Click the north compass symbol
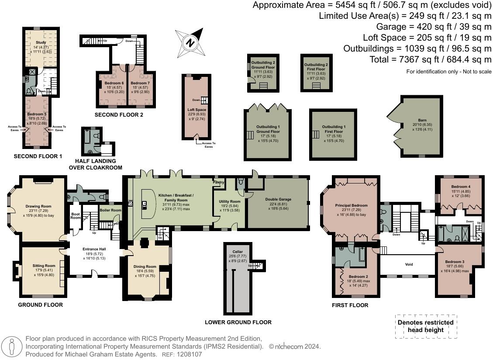tap(190, 42)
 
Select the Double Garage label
tap(278, 199)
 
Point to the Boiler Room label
tap(110, 210)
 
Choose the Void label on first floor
tap(409, 264)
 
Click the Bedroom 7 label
tap(140, 83)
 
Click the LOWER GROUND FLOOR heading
tap(238, 322)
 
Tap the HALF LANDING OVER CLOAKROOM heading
tap(95, 165)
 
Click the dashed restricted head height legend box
tap(425, 326)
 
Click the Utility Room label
tap(230, 201)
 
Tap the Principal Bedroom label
tap(351, 205)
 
